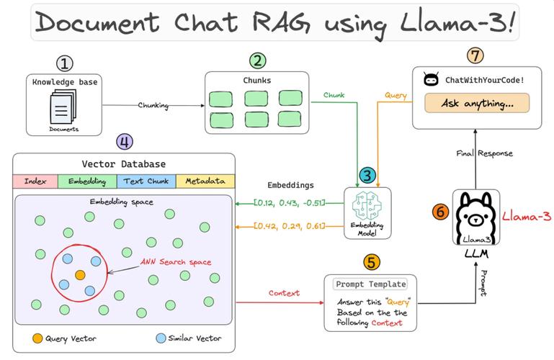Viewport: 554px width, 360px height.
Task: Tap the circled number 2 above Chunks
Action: pyautogui.click(x=257, y=61)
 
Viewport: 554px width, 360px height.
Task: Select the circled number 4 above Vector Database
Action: pyautogui.click(x=124, y=142)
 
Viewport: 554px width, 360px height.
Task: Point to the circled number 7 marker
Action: pyautogui.click(x=475, y=55)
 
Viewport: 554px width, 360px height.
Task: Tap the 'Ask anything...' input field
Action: pyautogui.click(x=476, y=102)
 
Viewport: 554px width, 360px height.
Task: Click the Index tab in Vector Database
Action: pyautogui.click(x=35, y=182)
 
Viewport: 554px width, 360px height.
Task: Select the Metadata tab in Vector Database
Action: pyautogui.click(x=205, y=182)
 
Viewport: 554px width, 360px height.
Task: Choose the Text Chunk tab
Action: pyautogui.click(x=148, y=182)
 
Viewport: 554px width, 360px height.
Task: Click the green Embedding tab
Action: pyautogui.click(x=91, y=182)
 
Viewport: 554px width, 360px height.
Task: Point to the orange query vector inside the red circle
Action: pyautogui.click(x=80, y=275)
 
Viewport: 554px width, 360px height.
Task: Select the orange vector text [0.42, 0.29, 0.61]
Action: pyautogui.click(x=288, y=227)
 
